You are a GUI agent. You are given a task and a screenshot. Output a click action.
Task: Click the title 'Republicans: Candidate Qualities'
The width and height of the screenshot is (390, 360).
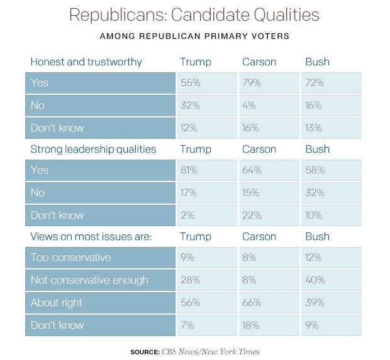194,15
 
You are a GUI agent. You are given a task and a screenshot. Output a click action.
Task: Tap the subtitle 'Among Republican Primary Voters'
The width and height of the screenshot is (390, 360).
194,36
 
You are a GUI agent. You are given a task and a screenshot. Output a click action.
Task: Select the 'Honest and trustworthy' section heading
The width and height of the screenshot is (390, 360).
86,62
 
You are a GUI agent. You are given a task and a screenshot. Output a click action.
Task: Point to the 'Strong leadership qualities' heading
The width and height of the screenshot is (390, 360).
93,149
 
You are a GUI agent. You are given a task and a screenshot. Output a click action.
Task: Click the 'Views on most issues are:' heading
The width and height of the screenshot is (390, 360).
91,236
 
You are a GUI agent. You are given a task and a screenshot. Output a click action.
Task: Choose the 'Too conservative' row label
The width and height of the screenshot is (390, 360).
70,258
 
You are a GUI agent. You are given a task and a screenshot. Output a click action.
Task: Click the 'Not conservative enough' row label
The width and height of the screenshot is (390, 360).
89,280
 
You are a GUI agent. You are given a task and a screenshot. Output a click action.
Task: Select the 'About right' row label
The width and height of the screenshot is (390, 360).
57,303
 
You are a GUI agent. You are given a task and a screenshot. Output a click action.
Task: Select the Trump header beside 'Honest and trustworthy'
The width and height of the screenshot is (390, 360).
196,62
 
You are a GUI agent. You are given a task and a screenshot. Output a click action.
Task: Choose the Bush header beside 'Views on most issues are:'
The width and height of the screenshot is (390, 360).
317,236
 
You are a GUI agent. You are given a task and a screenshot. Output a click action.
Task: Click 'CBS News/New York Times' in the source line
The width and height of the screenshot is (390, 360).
211,352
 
